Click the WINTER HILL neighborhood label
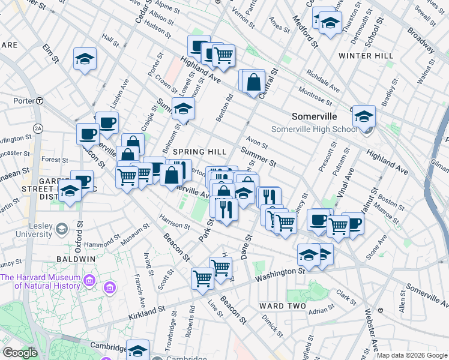point(366,56)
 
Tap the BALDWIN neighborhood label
point(76,259)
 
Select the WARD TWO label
point(283,306)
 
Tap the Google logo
point(20,353)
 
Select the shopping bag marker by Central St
point(255,81)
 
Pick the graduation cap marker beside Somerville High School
point(363,116)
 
